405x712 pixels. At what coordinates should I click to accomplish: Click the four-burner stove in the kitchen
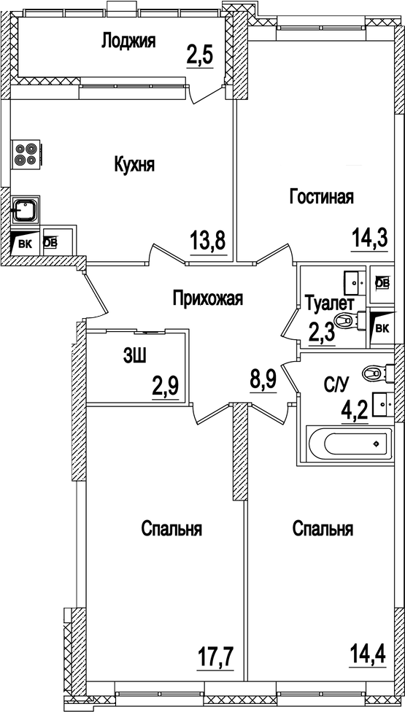[x=26, y=155]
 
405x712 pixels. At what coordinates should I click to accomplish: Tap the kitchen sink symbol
[x=26, y=210]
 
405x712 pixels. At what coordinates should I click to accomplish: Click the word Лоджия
[x=128, y=40]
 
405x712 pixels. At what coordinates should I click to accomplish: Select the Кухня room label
[x=134, y=165]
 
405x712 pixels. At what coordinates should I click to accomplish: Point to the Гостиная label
[x=322, y=197]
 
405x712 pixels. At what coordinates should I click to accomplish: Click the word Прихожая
[x=207, y=298]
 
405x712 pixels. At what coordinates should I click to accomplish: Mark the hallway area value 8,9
[x=263, y=380]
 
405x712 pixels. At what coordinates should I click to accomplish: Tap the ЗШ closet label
[x=134, y=356]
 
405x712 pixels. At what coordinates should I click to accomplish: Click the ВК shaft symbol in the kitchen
[x=24, y=244]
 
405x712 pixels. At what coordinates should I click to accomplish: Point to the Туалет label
[x=330, y=303]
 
